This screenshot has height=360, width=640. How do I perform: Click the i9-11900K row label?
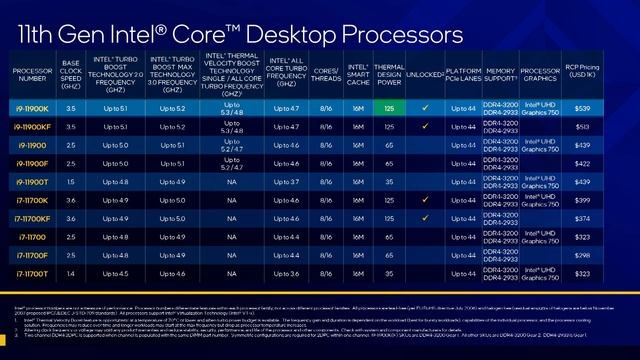(34, 107)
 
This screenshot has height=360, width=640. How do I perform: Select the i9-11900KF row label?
(34, 126)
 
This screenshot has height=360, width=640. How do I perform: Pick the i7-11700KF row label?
(34, 217)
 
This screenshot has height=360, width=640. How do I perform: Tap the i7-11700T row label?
(34, 272)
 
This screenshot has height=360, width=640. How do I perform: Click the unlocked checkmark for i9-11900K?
(426, 107)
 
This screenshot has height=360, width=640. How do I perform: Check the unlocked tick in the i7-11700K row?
(426, 199)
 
